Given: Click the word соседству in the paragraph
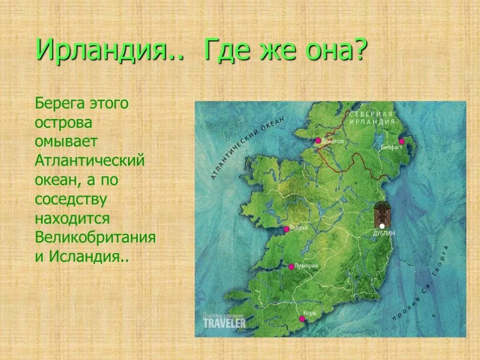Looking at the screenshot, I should pyautogui.click(x=71, y=199).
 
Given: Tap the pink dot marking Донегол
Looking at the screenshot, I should pyautogui.click(x=318, y=140).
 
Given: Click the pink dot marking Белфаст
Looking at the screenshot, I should pyautogui.click(x=401, y=141).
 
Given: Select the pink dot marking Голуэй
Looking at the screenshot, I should pyautogui.click(x=286, y=229).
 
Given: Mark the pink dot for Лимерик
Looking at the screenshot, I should pyautogui.click(x=291, y=267).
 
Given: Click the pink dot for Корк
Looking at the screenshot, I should pyautogui.click(x=302, y=319).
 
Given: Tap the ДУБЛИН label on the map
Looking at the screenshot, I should pyautogui.click(x=384, y=232).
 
